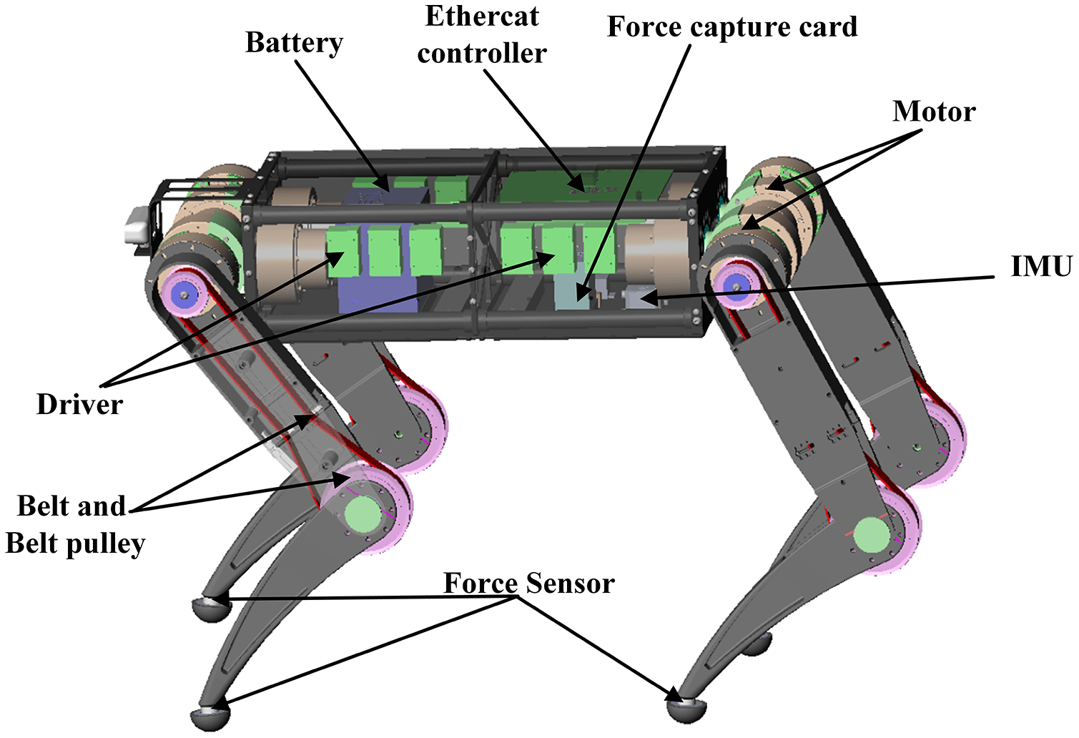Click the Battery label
pyautogui.click(x=294, y=44)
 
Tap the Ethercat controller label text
pyautogui.click(x=482, y=35)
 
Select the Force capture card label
pyautogui.click(x=731, y=27)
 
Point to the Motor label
pyautogui.click(x=933, y=112)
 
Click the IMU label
pyautogui.click(x=1040, y=266)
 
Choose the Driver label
pyautogui.click(x=79, y=405)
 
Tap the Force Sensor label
pyautogui.click(x=528, y=584)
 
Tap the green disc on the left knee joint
pyautogui.click(x=363, y=513)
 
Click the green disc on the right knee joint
pyautogui.click(x=872, y=534)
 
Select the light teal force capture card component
pyautogui.click(x=572, y=293)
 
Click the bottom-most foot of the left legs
pyautogui.click(x=211, y=717)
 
